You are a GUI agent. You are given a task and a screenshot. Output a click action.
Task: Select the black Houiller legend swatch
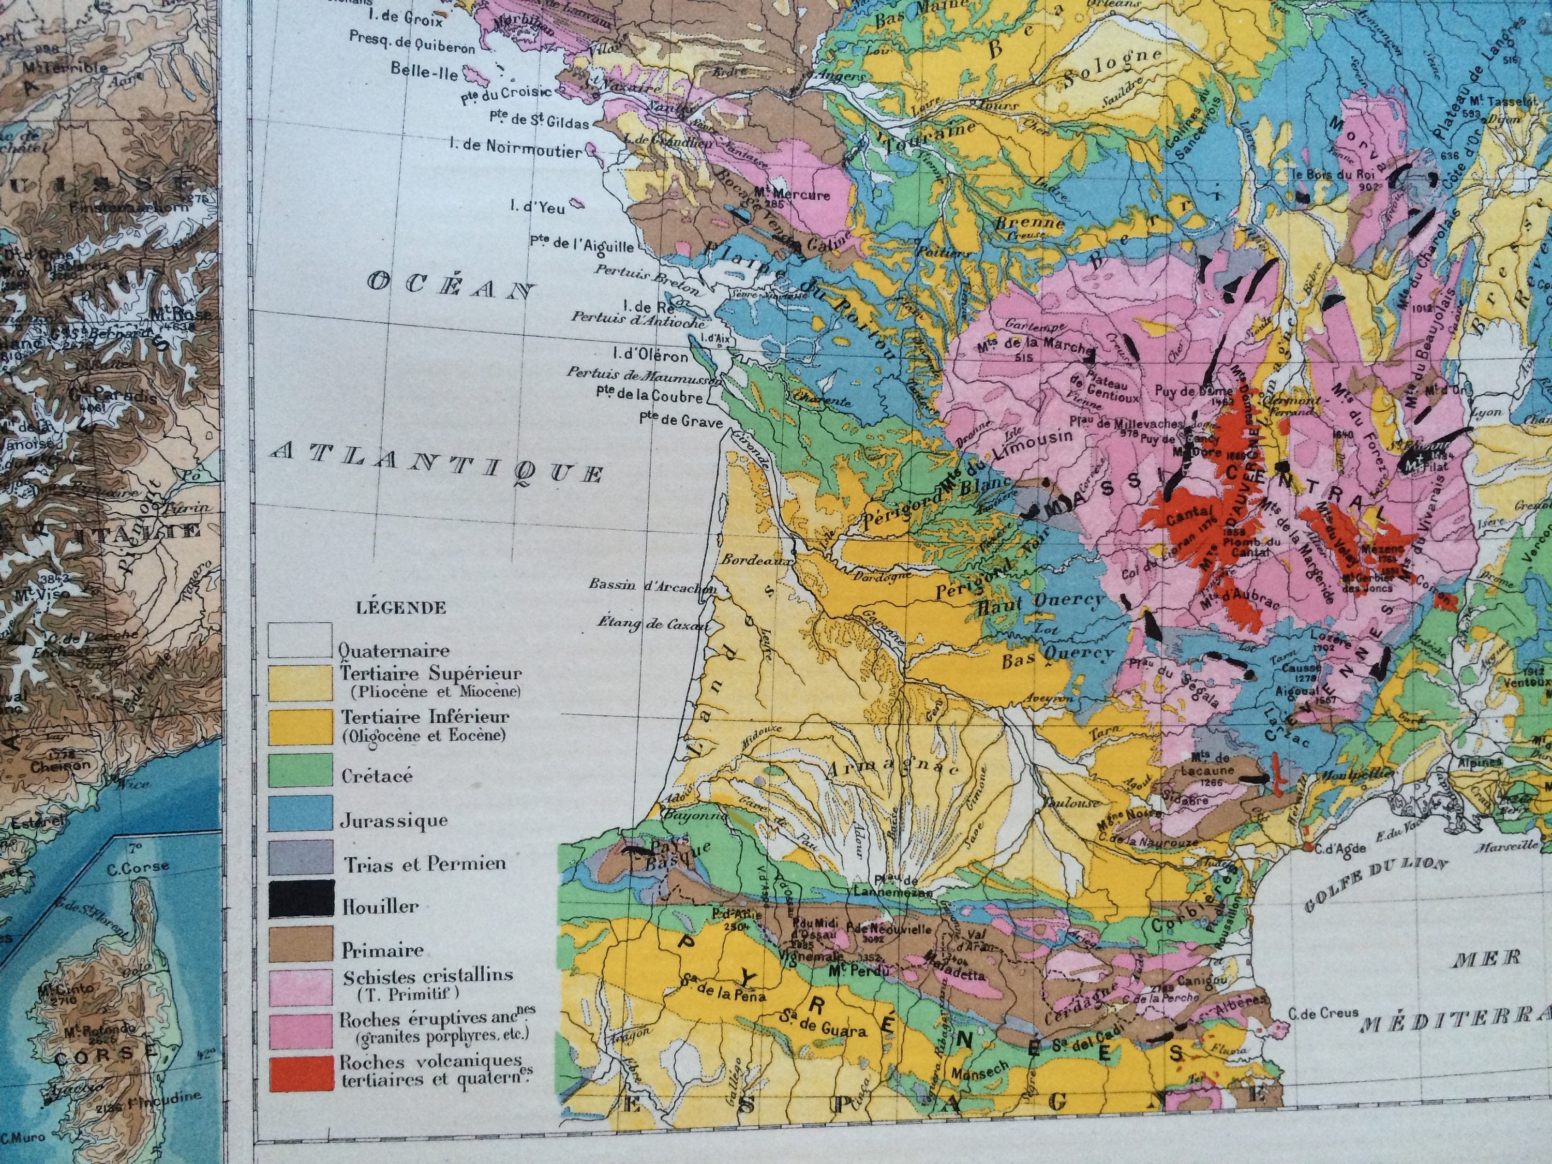(300, 899)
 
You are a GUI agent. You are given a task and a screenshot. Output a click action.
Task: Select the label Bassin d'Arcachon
(652, 585)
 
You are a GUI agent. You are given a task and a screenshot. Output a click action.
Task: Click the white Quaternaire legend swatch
(300, 640)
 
